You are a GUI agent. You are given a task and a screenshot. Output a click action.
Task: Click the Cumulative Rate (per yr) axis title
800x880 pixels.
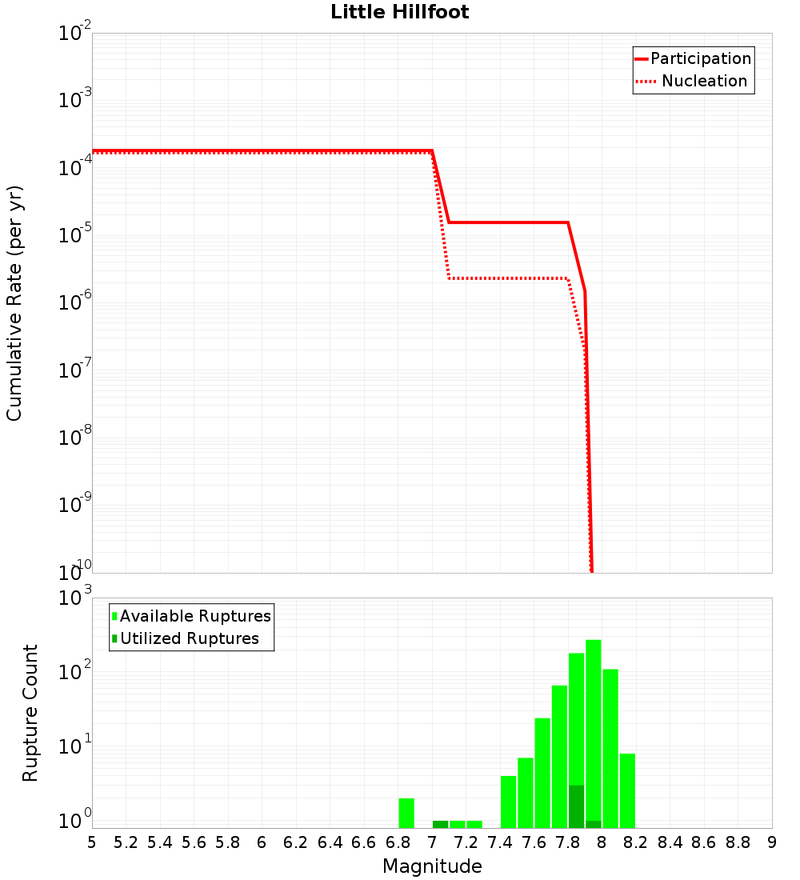(15, 303)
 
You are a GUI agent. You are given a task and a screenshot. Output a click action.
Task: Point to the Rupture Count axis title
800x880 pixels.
(30, 713)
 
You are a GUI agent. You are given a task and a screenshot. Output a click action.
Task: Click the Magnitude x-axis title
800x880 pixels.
(432, 866)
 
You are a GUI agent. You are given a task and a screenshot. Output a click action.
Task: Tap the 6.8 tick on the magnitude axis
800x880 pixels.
(398, 842)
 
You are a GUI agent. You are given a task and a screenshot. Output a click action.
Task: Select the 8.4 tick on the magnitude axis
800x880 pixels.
(670, 842)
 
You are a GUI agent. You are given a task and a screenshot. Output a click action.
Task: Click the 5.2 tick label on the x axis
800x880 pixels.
(126, 842)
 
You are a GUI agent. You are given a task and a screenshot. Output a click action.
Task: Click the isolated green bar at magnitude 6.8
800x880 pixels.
(406, 813)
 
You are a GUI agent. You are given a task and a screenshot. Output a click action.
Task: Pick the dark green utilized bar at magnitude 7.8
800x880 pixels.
(576, 806)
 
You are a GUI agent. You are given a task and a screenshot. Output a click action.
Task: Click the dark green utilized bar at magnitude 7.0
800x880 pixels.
(440, 824)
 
